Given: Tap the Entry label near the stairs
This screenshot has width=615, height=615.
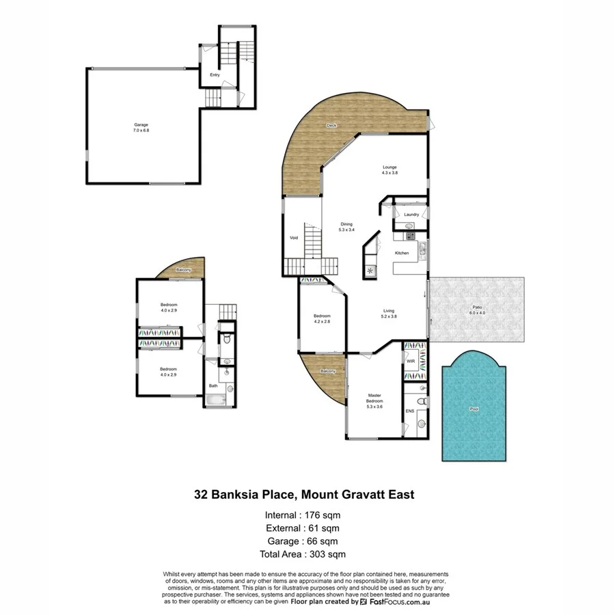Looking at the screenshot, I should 215,75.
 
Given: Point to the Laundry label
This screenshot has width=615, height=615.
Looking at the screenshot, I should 411,215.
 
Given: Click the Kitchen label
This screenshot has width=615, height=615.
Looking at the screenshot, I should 402,254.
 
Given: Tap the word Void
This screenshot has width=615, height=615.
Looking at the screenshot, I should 293,238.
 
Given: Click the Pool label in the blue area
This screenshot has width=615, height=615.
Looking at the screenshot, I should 474,410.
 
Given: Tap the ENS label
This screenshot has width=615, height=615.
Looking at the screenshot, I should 409,411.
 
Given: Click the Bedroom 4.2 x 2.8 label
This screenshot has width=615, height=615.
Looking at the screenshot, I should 322,318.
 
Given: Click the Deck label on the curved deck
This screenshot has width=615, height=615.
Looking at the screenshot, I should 332,125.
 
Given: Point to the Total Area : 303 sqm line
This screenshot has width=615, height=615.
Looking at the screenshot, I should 302,554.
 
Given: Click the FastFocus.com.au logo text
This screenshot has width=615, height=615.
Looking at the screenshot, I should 398,602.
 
